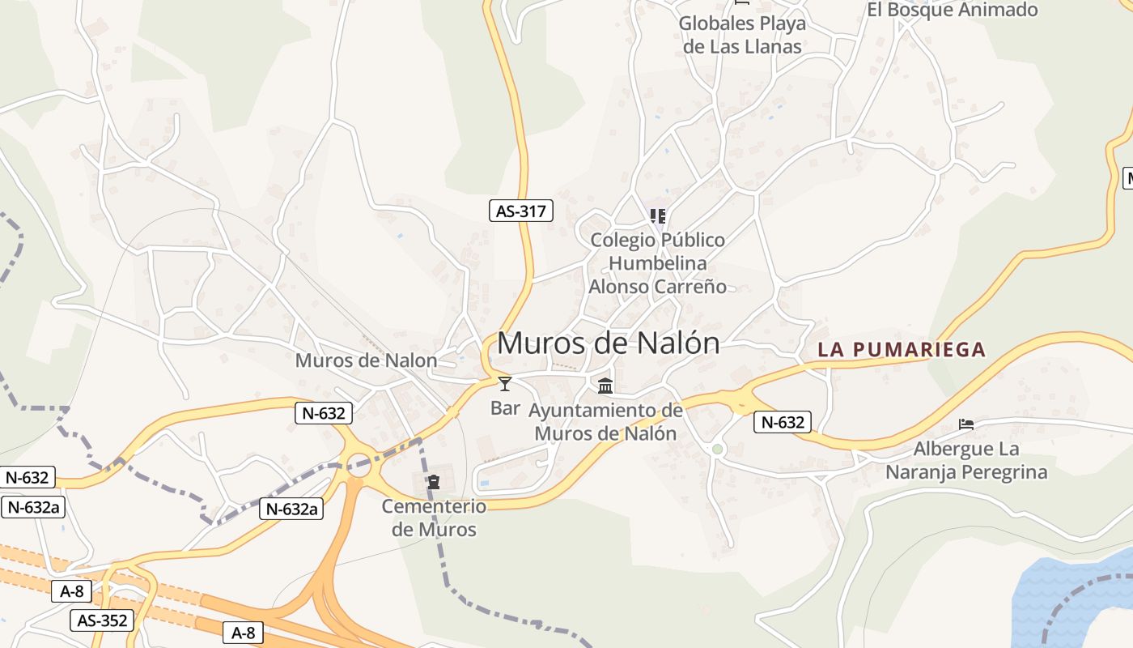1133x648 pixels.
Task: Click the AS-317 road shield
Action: (521, 211)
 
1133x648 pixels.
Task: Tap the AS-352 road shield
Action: (103, 621)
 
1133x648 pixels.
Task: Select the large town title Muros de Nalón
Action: (608, 343)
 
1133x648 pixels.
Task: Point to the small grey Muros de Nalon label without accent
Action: (366, 360)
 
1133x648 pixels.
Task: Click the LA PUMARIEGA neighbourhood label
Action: (902, 350)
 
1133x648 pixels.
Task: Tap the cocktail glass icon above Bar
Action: (505, 383)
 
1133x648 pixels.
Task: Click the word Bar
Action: (505, 407)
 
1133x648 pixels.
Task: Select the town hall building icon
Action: (605, 385)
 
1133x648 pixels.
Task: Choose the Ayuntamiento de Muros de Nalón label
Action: (605, 422)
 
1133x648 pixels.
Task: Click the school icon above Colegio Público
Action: (658, 216)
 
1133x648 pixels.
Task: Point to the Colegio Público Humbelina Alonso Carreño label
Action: (657, 263)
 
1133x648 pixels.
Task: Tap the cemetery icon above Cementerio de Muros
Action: (434, 482)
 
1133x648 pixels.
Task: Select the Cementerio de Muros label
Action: (434, 518)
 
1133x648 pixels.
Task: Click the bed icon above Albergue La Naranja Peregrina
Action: (966, 424)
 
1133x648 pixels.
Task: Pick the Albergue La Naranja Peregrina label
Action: (966, 460)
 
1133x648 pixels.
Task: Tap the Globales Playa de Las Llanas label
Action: (742, 35)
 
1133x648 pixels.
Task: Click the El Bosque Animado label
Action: (952, 11)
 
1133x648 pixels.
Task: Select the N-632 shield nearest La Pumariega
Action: (783, 422)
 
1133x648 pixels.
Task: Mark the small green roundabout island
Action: (717, 449)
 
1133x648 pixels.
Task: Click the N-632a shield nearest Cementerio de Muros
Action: (291, 509)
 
